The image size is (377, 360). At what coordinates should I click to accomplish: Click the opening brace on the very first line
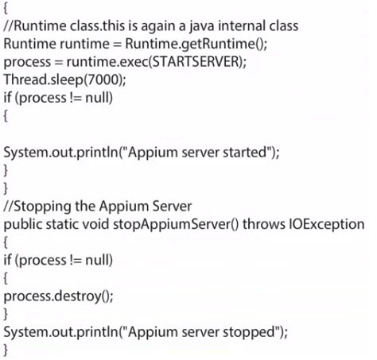click(x=6, y=9)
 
